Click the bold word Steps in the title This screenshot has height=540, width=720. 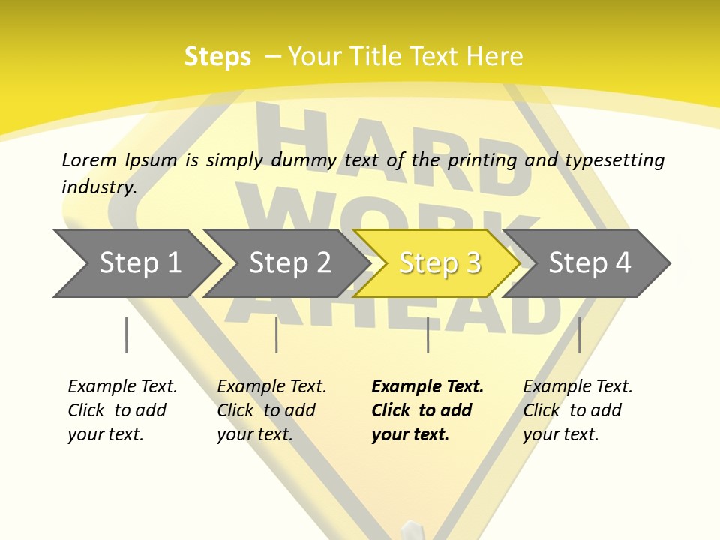(x=217, y=57)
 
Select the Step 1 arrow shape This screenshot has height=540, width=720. (x=135, y=263)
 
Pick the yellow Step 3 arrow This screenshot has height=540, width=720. (x=439, y=263)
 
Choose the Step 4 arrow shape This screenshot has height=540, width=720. (x=589, y=263)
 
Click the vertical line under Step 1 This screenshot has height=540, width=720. (x=126, y=334)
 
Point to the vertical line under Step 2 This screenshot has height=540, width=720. (x=276, y=334)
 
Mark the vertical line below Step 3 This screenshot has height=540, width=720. (x=427, y=334)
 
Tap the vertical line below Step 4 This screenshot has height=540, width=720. (x=579, y=334)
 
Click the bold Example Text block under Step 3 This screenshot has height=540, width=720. (x=427, y=410)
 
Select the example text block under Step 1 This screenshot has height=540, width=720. (x=122, y=410)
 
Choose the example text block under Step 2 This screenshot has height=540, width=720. (x=271, y=410)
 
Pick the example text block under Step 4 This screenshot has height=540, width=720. (x=577, y=410)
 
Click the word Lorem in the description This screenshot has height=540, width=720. (x=89, y=160)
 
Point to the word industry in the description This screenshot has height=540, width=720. (x=99, y=187)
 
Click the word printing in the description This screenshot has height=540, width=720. (x=482, y=160)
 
